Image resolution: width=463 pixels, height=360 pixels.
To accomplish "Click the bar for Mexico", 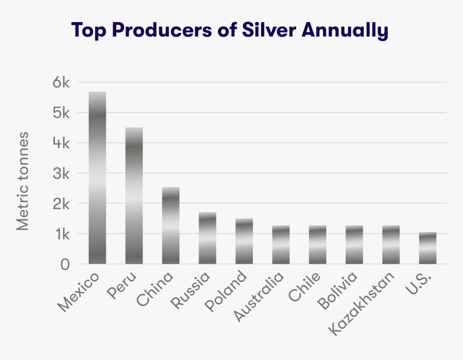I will tap(97, 178).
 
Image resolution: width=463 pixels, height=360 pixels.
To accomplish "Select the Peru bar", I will tap(134, 195).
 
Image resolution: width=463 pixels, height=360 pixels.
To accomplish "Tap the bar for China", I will tap(171, 225).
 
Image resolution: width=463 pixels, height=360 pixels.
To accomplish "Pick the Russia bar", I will tap(207, 238).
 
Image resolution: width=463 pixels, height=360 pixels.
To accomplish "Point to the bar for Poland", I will tap(244, 241).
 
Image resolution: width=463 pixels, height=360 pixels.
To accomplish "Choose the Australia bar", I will tap(280, 244).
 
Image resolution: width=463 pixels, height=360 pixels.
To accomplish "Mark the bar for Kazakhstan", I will tap(391, 244).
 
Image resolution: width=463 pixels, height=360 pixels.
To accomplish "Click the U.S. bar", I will tap(427, 248).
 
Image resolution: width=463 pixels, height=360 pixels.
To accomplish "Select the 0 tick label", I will tap(65, 264).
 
